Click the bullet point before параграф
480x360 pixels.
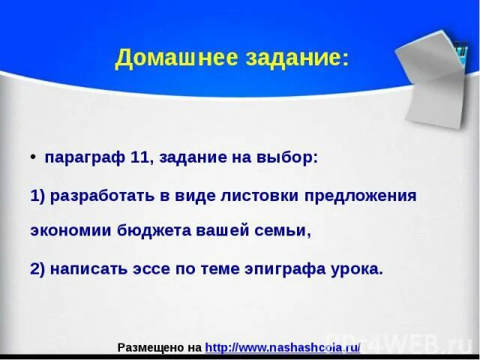(34, 157)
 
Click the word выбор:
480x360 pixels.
(288, 158)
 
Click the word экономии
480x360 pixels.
(70, 231)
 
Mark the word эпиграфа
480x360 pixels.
(280, 268)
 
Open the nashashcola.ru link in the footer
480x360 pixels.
(283, 347)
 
